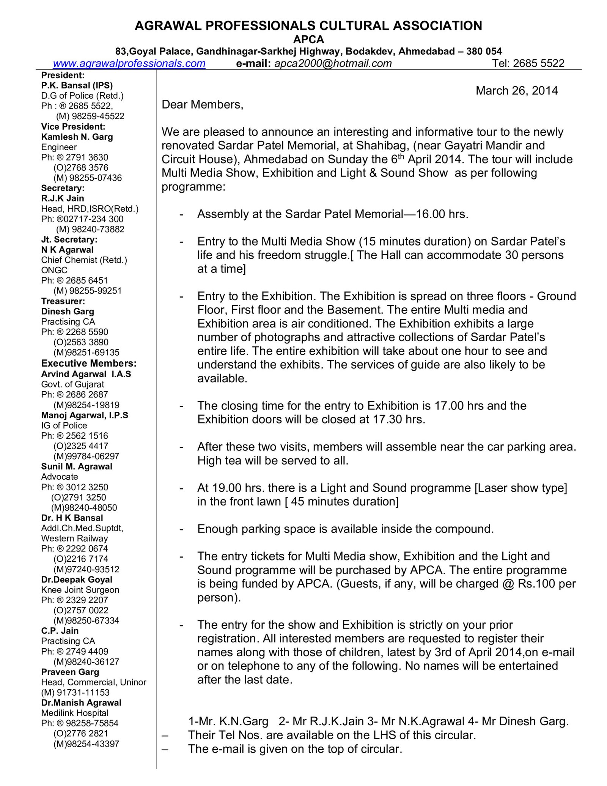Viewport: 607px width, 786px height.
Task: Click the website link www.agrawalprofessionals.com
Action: (129, 63)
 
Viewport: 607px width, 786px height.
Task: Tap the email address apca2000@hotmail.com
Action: (333, 63)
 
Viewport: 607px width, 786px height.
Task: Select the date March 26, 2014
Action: (517, 91)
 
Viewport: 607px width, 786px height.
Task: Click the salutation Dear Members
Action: (202, 104)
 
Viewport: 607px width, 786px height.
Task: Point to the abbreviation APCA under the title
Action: (308, 39)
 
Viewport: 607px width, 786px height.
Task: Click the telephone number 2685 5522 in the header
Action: (539, 63)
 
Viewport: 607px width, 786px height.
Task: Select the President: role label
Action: (63, 75)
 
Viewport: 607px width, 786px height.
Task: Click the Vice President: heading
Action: (73, 126)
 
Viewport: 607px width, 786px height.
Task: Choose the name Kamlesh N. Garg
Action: (77, 137)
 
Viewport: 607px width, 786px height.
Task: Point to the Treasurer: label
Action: (63, 301)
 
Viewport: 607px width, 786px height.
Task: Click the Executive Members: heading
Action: (89, 363)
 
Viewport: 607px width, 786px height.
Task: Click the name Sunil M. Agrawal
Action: (77, 466)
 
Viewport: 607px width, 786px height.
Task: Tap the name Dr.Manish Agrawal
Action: (81, 703)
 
